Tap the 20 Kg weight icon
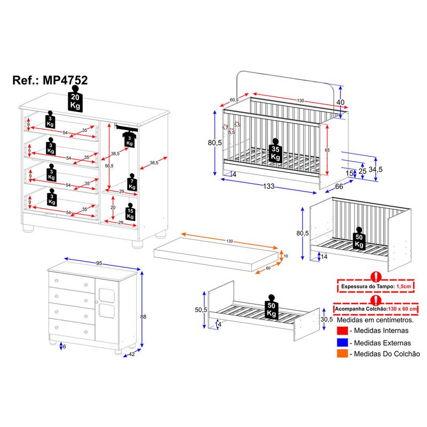click(x=75, y=101)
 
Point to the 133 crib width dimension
click(x=268, y=186)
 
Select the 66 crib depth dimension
click(x=338, y=186)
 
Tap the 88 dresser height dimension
click(x=143, y=317)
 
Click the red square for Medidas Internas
click(x=342, y=331)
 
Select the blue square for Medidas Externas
click(x=342, y=343)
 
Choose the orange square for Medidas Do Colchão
click(x=342, y=354)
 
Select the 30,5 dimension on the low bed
click(x=327, y=319)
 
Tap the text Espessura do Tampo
click(x=364, y=287)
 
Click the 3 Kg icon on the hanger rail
click(x=129, y=140)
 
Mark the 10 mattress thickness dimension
click(x=286, y=256)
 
